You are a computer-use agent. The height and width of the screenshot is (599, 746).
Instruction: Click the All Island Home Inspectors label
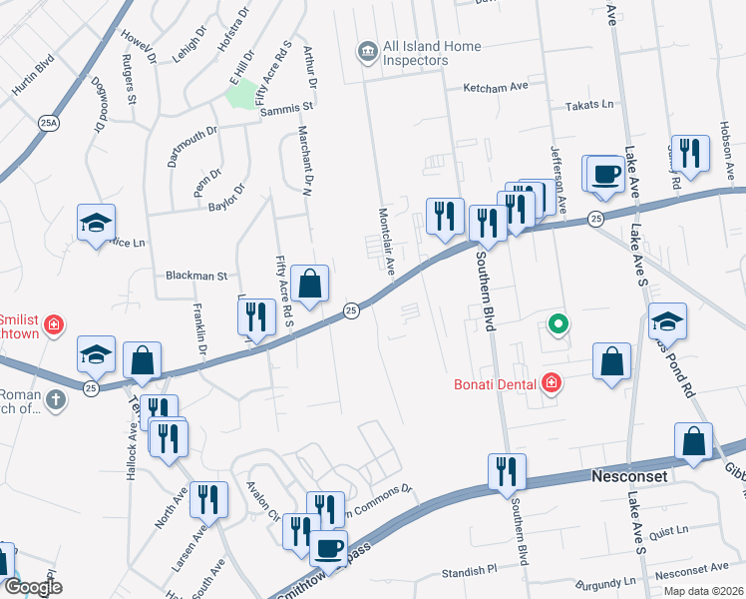tap(431, 54)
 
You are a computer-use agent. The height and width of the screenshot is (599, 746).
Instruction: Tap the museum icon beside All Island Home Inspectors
tap(366, 49)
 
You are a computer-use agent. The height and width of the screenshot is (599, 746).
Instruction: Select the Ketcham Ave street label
tap(495, 88)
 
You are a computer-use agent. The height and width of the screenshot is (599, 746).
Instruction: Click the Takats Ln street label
tap(589, 105)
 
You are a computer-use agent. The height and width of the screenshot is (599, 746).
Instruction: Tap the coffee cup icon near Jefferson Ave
tap(603, 175)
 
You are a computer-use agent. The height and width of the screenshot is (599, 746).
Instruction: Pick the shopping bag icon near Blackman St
tap(310, 283)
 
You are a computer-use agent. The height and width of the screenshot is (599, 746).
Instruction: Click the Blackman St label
tap(197, 275)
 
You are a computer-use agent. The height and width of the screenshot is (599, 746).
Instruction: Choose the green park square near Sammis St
tap(238, 95)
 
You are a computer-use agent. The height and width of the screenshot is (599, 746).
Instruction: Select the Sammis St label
tap(287, 105)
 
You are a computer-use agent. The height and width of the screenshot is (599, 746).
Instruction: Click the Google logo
tap(33, 587)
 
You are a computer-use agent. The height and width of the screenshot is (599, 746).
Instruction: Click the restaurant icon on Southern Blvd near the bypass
tap(506, 471)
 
